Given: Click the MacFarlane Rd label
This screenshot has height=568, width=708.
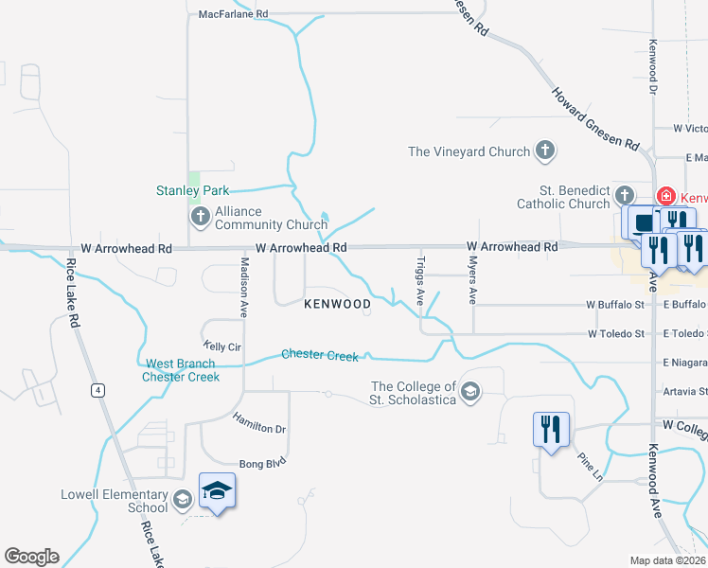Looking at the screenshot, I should (x=234, y=14).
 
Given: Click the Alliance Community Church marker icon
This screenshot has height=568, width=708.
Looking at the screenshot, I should (x=200, y=218).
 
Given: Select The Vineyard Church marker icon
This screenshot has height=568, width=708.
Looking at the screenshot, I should (x=544, y=151).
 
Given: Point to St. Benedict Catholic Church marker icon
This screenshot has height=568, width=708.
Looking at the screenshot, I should (x=624, y=196).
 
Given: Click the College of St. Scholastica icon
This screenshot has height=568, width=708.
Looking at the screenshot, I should (x=470, y=391).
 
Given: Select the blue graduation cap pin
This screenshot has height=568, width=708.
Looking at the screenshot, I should (x=217, y=490).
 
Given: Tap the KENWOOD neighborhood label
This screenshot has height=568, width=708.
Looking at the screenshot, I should (x=337, y=304).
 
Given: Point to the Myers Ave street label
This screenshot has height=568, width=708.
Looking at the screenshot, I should (x=472, y=282).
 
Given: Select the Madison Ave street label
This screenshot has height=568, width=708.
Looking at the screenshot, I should (x=243, y=286).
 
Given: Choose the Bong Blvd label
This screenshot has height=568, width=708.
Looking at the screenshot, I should (x=262, y=463).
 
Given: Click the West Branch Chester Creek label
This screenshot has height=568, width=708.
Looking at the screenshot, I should (x=181, y=370).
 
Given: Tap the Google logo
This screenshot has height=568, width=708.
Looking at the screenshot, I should (x=31, y=557).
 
